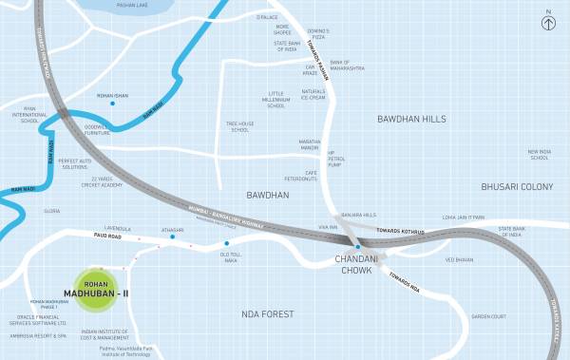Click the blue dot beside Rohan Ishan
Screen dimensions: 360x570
(x=112, y=104)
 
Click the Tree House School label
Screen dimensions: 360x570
(x=239, y=126)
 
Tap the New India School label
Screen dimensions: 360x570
(x=539, y=155)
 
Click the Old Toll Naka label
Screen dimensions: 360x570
(x=232, y=257)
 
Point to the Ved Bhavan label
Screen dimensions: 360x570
(x=458, y=259)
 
